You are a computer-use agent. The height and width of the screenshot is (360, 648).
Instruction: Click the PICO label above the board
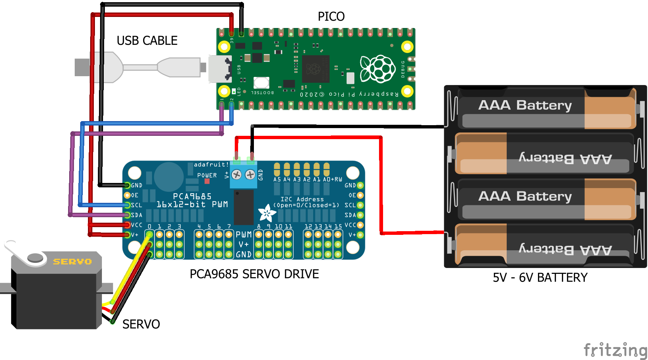[331, 17]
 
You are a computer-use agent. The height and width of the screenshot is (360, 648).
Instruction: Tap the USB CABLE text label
[147, 40]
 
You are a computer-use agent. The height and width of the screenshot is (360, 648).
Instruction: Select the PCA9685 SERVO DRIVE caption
[254, 274]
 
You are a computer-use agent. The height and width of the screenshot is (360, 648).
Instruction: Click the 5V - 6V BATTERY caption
[540, 278]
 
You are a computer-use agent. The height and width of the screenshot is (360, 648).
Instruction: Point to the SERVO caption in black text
[141, 324]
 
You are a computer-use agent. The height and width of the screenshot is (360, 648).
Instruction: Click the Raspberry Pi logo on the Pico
[378, 69]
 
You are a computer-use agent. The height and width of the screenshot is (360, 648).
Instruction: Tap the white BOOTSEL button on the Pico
[261, 82]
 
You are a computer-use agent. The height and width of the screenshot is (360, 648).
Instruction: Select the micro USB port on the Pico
[219, 69]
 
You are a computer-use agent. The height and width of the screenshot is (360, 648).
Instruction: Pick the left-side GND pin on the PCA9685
[127, 185]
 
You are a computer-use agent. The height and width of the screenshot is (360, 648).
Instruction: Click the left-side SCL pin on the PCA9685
[127, 205]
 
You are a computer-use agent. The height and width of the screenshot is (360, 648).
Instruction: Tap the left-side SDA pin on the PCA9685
[127, 215]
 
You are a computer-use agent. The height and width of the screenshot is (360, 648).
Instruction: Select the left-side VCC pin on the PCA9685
[127, 225]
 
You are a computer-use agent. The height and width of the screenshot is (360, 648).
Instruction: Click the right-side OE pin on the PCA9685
[360, 195]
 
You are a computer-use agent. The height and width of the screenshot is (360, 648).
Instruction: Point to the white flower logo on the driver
[267, 213]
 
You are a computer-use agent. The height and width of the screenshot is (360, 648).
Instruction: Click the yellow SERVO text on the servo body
[72, 262]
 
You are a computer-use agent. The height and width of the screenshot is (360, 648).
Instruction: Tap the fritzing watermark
[615, 349]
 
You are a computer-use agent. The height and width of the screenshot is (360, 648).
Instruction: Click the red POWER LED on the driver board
[207, 181]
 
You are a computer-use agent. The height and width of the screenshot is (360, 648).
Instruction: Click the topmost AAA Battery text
[525, 105]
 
